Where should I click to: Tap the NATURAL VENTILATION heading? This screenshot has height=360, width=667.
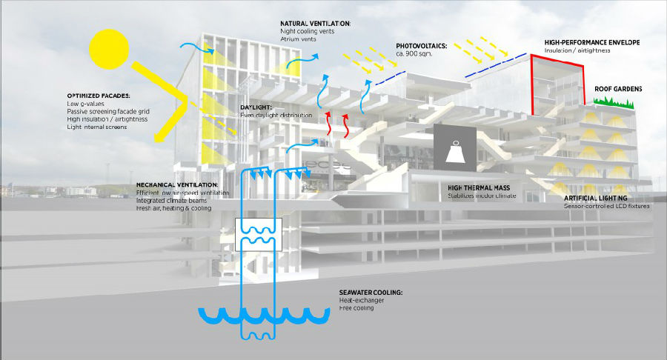[x=315, y=24]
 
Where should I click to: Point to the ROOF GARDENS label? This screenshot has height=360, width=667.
[x=618, y=89]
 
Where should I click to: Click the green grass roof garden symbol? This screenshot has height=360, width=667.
[x=614, y=104]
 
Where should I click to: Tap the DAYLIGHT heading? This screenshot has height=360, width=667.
[x=256, y=107]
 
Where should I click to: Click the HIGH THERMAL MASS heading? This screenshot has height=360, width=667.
[x=482, y=189]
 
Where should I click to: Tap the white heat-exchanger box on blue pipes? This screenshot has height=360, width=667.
[x=256, y=234]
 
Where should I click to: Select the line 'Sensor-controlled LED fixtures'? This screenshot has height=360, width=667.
[x=606, y=206]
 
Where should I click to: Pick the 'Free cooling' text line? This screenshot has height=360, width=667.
[x=356, y=307]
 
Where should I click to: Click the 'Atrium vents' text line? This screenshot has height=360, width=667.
[x=299, y=39]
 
